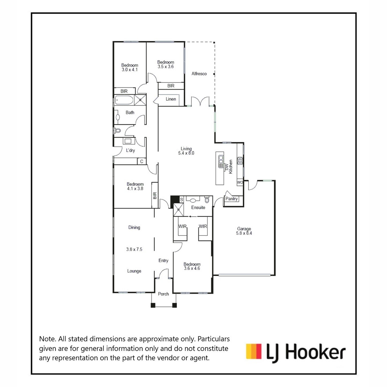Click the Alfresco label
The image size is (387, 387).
click(199, 74)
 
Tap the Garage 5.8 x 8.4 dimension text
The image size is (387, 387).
click(244, 233)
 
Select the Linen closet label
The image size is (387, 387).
click(171, 99)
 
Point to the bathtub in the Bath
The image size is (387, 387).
click(124, 100)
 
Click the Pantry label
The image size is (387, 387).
click(231, 199)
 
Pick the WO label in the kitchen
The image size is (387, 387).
click(240, 182)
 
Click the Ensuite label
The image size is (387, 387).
click(198, 207)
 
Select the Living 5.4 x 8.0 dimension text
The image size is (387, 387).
click(186, 153)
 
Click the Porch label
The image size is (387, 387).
click(163, 294)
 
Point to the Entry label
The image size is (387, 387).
click(163, 261)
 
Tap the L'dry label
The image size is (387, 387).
click(130, 150)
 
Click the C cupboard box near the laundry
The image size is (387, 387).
click(142, 161)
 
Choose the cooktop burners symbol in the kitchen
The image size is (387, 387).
click(240, 161)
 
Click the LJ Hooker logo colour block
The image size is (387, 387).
click(254, 351)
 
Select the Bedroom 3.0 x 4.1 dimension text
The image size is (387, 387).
click(130, 70)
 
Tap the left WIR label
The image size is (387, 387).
click(182, 226)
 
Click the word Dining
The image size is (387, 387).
click(134, 227)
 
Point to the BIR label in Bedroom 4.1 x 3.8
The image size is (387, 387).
click(155, 196)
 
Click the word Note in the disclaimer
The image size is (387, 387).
click(47, 339)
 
